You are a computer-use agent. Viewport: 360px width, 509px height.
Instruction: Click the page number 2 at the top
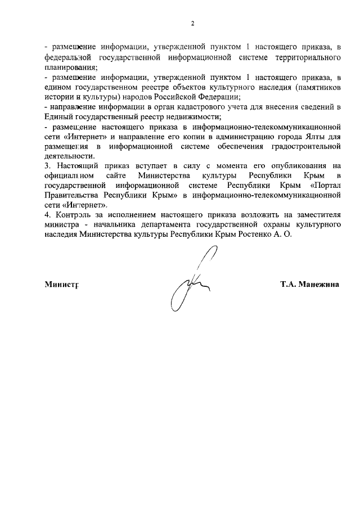pyautogui.click(x=192, y=23)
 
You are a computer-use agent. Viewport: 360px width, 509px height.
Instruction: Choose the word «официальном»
pyautogui.click(x=68, y=175)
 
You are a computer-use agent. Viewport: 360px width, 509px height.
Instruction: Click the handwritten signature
pyautogui.click(x=190, y=284)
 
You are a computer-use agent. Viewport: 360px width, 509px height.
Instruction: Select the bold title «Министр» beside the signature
pyautogui.click(x=61, y=284)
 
